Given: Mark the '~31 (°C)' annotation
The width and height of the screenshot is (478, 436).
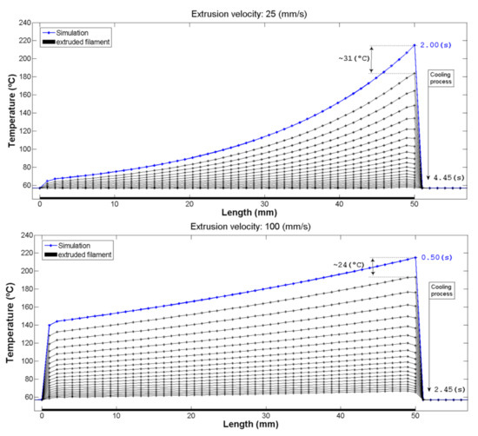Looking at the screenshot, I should [352, 58].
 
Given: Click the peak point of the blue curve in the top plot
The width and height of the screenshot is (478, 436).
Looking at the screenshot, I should [414, 45].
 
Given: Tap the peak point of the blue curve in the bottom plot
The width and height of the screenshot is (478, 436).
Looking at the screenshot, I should [414, 257].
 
